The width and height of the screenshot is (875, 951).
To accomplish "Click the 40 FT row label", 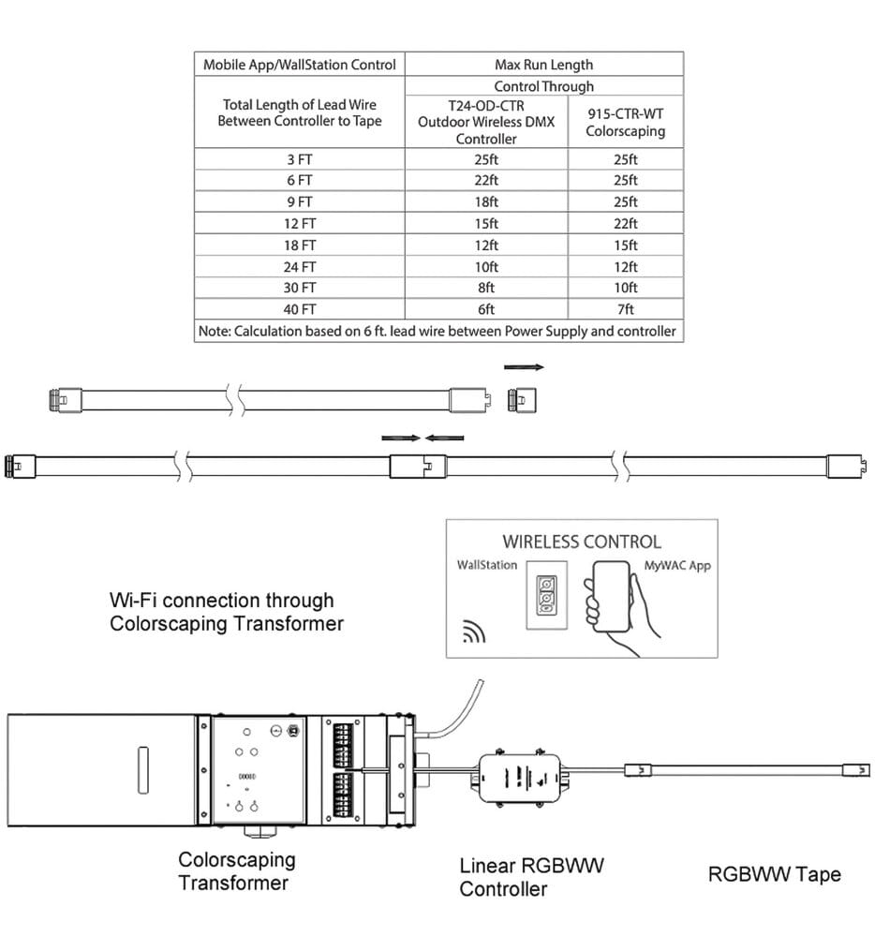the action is (x=300, y=309).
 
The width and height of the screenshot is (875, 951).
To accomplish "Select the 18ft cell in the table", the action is (x=486, y=202).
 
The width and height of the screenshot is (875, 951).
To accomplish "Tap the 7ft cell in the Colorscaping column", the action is (x=626, y=309).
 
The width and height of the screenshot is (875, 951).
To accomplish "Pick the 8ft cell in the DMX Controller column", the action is (x=486, y=288).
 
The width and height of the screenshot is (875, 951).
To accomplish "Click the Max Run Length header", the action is (x=544, y=65).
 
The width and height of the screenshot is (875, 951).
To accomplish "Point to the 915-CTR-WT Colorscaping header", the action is (x=626, y=123).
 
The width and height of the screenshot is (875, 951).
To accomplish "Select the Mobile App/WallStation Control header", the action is (x=300, y=65).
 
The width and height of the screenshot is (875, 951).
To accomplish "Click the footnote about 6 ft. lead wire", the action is (x=437, y=331).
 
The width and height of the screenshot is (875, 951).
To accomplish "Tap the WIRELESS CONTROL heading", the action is (x=582, y=542).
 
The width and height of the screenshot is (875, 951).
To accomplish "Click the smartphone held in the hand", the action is (x=611, y=597).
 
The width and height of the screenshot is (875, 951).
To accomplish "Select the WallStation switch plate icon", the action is (x=546, y=595).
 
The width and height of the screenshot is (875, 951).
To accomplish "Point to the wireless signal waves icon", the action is (x=474, y=632).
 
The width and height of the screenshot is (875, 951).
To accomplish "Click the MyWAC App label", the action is (x=677, y=565).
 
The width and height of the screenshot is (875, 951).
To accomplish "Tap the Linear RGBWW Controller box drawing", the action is (x=524, y=779).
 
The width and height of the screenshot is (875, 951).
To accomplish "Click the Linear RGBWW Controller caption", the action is (x=532, y=877).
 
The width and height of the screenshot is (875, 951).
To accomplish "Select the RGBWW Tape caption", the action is (x=775, y=874).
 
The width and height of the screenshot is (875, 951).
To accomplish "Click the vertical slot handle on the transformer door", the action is (x=143, y=770).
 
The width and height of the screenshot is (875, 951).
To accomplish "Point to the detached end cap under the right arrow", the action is (x=522, y=400).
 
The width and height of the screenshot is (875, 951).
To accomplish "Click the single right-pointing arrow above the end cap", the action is (x=524, y=367).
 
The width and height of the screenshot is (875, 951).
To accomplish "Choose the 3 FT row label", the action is (x=300, y=159).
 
